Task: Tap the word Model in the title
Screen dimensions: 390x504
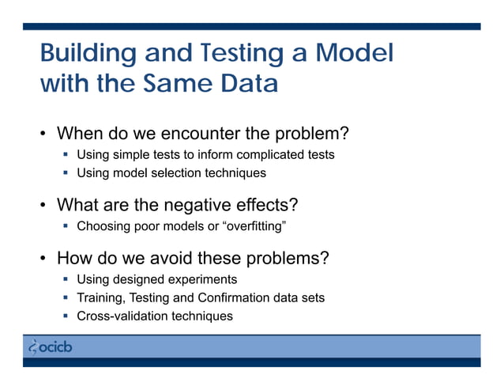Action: coord(354,55)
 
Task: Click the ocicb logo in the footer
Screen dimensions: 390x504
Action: coord(50,346)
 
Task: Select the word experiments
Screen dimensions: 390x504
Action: coord(204,280)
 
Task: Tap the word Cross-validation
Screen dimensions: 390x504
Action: coord(122,316)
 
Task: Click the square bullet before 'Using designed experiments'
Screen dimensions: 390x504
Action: coord(67,280)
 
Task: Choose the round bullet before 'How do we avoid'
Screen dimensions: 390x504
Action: coord(45,259)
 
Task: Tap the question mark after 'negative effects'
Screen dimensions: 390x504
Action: coord(293,206)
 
